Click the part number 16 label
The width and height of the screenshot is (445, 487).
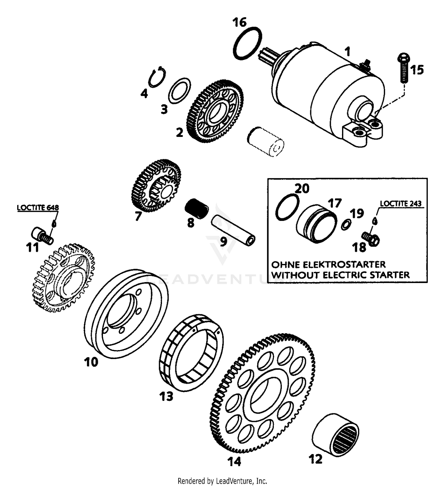(239, 22)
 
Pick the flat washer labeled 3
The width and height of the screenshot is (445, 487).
(179, 91)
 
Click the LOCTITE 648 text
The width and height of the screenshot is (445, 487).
(38, 208)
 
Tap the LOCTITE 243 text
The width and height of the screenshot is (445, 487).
(401, 204)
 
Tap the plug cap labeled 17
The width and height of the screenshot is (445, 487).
(317, 224)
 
